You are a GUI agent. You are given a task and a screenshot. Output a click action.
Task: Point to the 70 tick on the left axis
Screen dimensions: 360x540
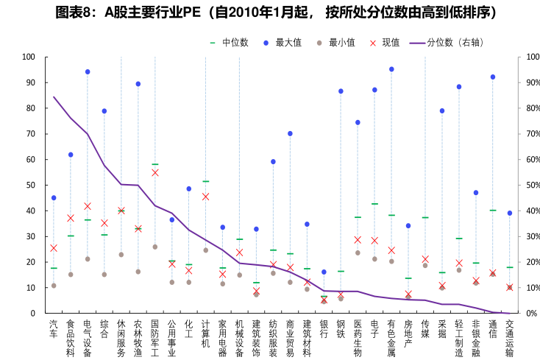[29, 133]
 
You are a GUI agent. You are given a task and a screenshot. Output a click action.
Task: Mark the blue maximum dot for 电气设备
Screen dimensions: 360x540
[88, 72]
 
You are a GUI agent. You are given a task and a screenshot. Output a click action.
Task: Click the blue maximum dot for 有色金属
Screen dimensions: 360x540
[391, 69]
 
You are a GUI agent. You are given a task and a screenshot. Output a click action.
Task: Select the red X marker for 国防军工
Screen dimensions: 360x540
[155, 172]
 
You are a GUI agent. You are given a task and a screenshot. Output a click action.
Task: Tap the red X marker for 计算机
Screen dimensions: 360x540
[206, 197]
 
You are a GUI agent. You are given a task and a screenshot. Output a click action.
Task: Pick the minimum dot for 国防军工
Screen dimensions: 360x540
[155, 247]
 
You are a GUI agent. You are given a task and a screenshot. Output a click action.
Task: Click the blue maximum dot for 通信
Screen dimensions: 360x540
[493, 77]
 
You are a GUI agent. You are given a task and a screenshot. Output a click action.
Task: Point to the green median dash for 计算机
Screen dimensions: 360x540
[206, 181]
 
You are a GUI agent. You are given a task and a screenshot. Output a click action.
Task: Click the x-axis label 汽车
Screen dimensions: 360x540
[54, 328]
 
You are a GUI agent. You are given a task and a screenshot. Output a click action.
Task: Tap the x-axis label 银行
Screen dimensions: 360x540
[324, 328]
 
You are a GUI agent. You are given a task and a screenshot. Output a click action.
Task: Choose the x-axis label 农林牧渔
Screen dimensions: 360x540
[138, 337]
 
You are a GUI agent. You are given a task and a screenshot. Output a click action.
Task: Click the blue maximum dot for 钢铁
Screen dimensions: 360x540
[341, 91]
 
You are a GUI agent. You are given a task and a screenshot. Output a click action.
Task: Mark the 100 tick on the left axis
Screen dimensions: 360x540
[29, 57]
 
